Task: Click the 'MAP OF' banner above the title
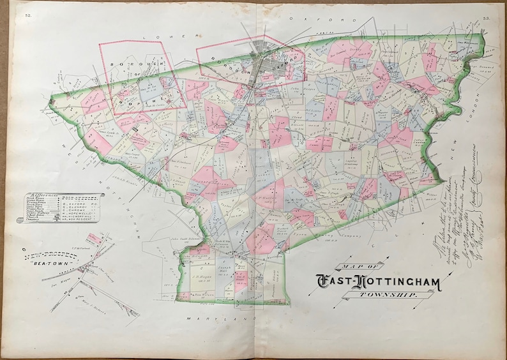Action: click(361, 267)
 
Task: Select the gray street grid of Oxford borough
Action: click(265, 61)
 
